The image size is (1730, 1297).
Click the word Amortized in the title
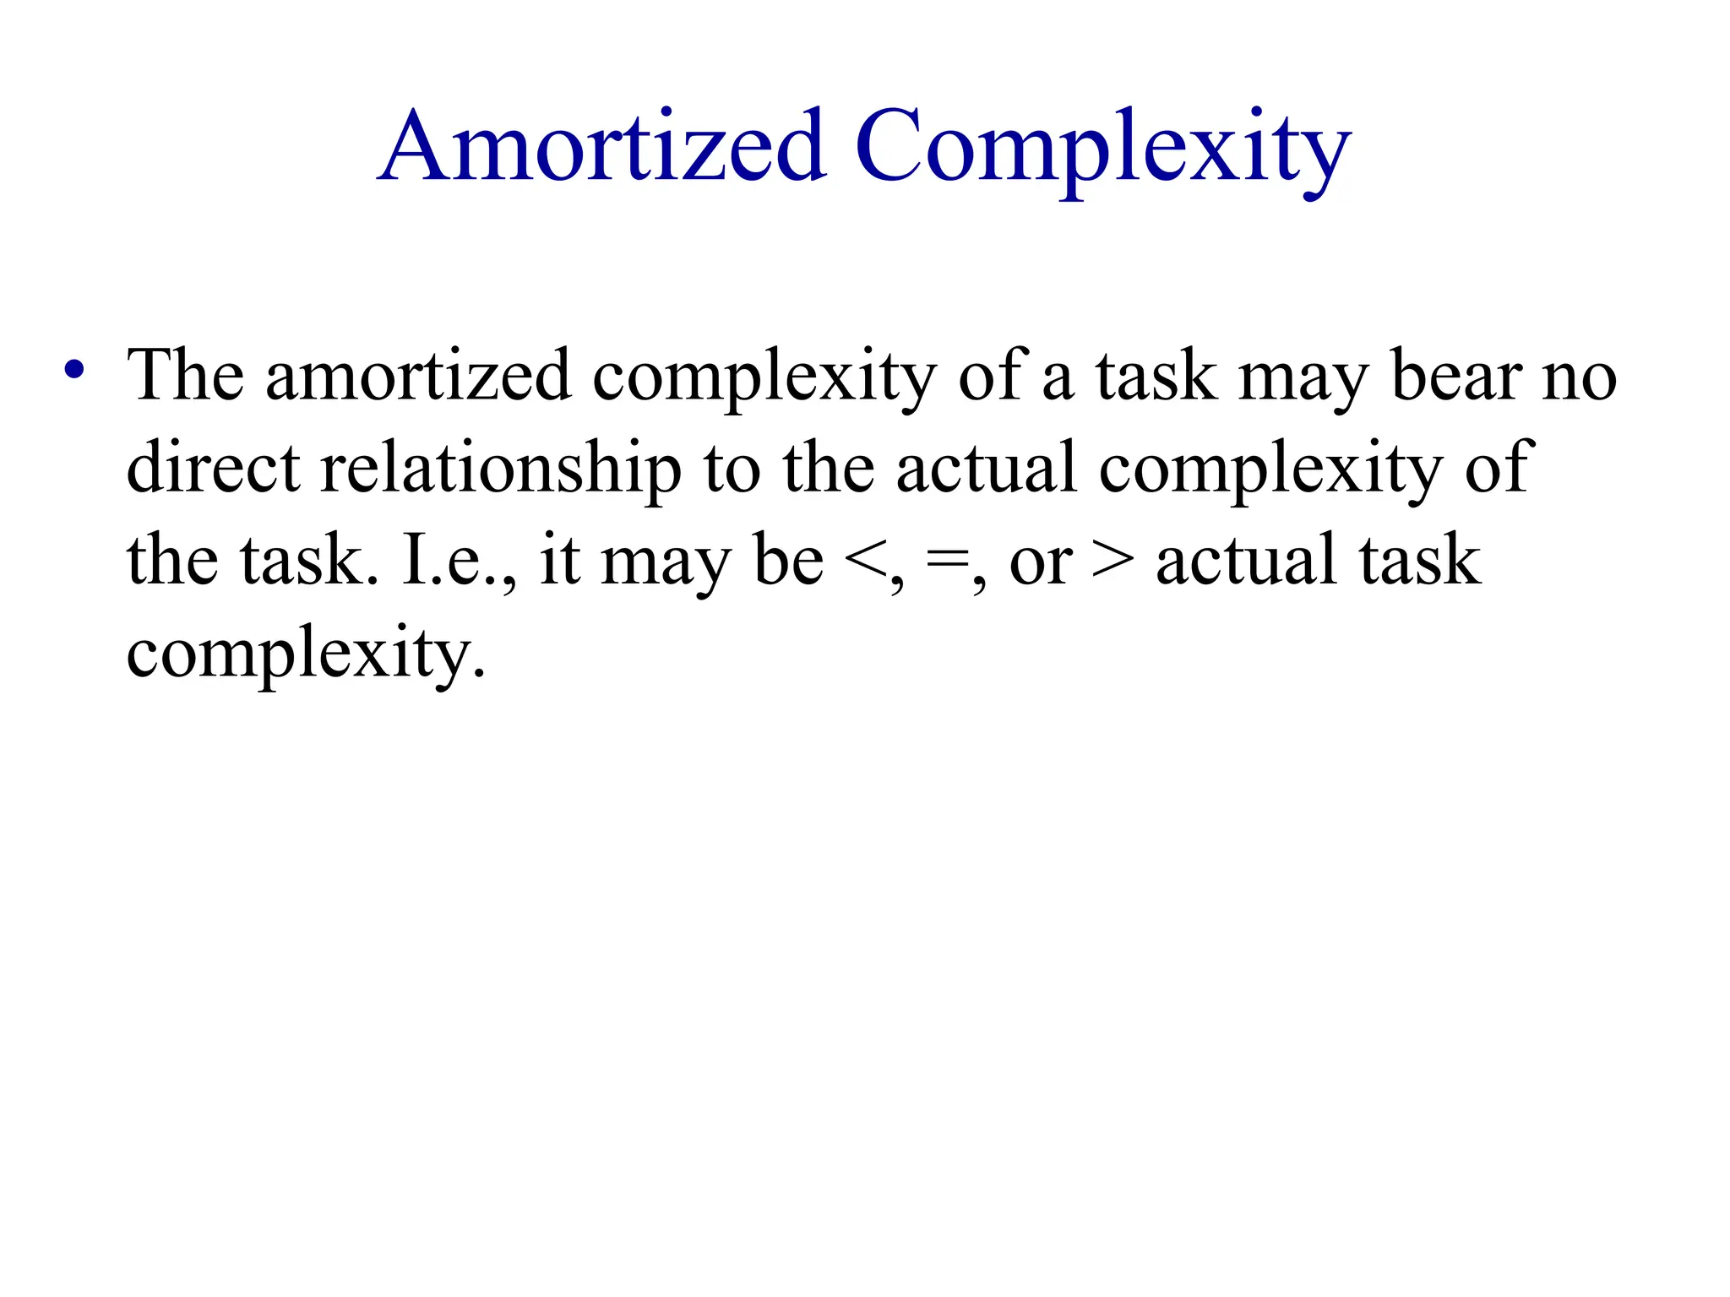point(601,145)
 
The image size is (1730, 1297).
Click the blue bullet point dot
point(74,369)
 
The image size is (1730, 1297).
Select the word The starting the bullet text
point(185,374)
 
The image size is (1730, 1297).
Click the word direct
point(213,467)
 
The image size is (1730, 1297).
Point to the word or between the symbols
point(1041,562)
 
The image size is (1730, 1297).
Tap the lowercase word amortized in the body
point(418,376)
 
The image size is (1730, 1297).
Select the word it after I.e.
point(559,560)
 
